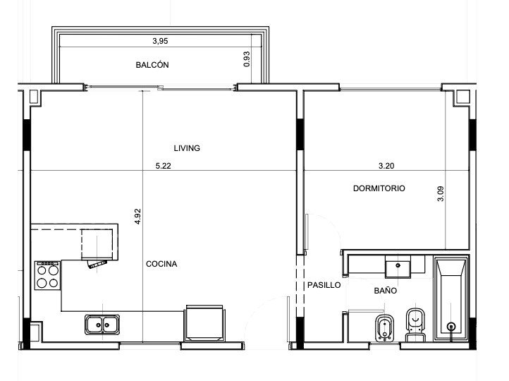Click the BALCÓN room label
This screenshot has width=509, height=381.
(x=152, y=65)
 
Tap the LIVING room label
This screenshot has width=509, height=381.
(x=187, y=148)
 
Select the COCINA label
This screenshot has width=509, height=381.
(x=161, y=264)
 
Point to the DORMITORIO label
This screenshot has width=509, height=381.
(x=379, y=188)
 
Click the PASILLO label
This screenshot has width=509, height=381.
(x=324, y=285)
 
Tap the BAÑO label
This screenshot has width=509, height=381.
(x=386, y=291)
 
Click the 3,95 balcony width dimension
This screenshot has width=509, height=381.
(x=160, y=41)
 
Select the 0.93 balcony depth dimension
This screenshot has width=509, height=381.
(x=247, y=59)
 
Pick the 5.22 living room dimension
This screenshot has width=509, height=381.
(x=163, y=166)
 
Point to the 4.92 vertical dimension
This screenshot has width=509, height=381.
(x=137, y=217)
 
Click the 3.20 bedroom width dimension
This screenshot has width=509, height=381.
(x=386, y=166)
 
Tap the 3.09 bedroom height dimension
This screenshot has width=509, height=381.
(x=441, y=193)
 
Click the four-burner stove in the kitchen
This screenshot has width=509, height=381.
(x=47, y=275)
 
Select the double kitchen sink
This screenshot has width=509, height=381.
(x=102, y=325)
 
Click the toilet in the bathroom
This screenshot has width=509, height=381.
(x=415, y=325)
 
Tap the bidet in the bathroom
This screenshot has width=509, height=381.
(x=385, y=328)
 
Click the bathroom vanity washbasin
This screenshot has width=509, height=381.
(x=398, y=266)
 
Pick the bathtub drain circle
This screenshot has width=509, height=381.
(x=451, y=327)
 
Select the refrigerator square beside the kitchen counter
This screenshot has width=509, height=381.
(x=204, y=323)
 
